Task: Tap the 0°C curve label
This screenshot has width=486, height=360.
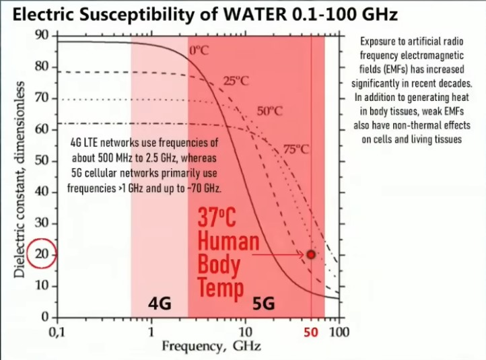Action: point(200,50)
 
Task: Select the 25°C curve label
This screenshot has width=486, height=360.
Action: point(236,81)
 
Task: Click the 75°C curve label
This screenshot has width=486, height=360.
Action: point(296,149)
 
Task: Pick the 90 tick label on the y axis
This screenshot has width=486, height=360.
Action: point(42,35)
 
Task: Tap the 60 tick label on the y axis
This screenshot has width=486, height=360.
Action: point(42,129)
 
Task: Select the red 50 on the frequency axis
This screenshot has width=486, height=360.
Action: point(311,332)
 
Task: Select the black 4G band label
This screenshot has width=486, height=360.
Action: point(160,304)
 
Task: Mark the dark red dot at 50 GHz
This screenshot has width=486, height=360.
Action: point(310,254)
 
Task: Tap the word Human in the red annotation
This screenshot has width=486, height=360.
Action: point(228,242)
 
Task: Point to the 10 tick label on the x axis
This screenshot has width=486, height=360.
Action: point(246,332)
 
